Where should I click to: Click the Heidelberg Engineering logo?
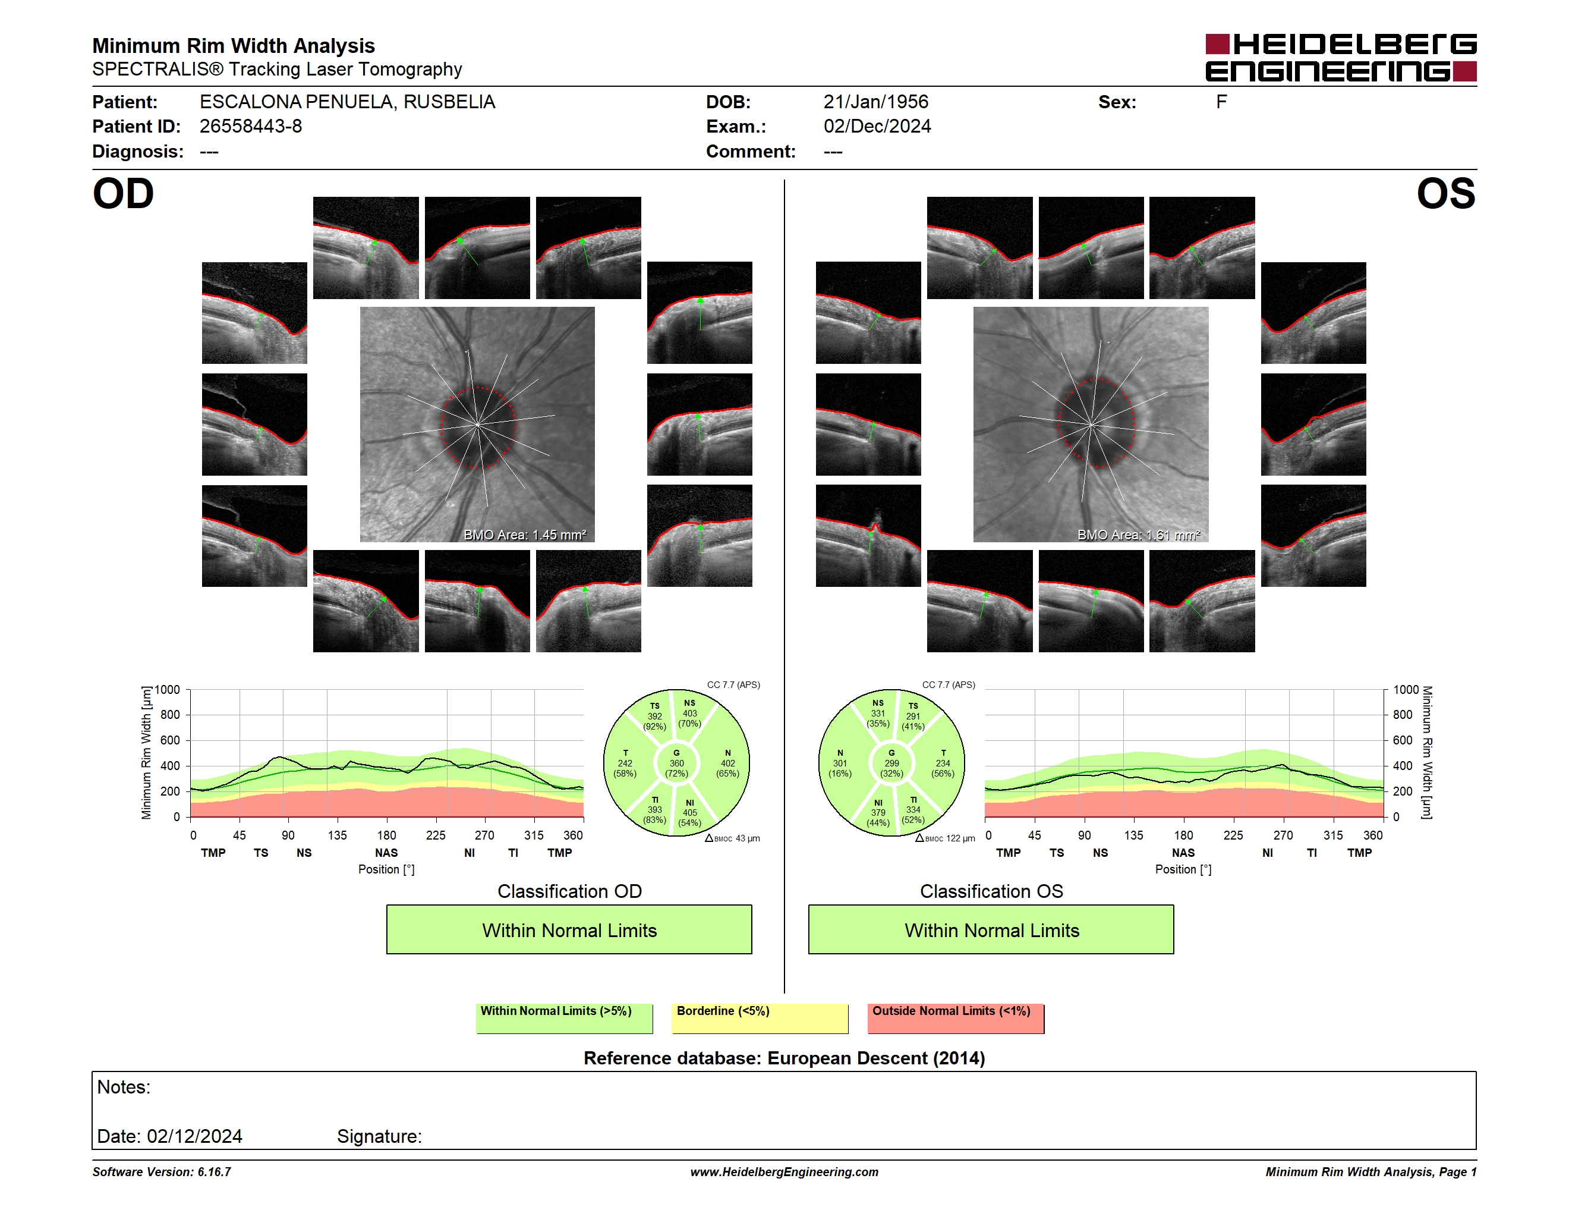[x=1341, y=58]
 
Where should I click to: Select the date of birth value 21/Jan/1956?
[x=876, y=102]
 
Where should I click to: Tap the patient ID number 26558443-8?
[x=251, y=127]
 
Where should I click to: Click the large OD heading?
[x=124, y=194]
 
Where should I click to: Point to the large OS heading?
[x=1445, y=194]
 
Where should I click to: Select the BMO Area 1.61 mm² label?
[x=1139, y=535]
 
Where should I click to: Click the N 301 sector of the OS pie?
[x=840, y=763]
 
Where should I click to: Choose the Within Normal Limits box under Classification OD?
[x=569, y=930]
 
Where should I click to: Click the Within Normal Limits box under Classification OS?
[x=991, y=930]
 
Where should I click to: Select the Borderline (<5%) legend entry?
[x=760, y=1018]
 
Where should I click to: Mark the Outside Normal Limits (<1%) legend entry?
[x=956, y=1018]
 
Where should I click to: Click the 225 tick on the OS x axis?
[x=1233, y=835]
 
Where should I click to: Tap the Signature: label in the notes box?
[x=379, y=1136]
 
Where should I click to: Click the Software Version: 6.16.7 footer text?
[x=162, y=1172]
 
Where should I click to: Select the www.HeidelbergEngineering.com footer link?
[x=784, y=1172]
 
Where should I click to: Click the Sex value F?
[x=1221, y=102]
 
